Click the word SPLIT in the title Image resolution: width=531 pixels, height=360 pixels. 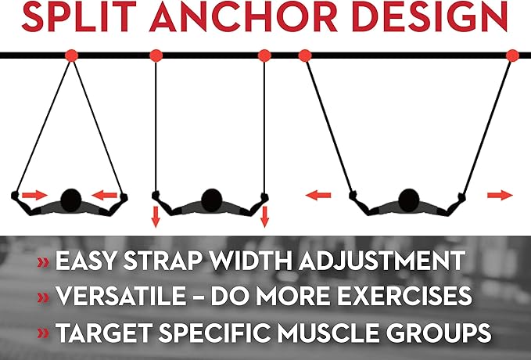[79, 16]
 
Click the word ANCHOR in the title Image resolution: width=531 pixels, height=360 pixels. [243, 16]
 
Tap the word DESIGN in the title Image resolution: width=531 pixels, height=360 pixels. [430, 16]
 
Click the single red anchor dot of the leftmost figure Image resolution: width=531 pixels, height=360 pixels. [71, 56]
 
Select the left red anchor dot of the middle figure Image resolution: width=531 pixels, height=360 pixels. [156, 56]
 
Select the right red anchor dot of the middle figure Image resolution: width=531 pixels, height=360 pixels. [264, 56]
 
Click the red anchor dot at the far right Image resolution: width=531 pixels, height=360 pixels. [512, 56]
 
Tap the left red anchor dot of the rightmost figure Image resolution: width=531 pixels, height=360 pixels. [305, 56]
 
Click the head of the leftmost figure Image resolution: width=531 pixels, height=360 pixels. [71, 200]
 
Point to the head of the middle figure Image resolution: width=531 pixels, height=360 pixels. [212, 200]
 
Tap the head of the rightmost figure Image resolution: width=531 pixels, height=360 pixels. [409, 200]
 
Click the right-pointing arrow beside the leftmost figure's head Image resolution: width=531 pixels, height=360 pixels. [35, 195]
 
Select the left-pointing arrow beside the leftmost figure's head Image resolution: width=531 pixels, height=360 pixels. [105, 195]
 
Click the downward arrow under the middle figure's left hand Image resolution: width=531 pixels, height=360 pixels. [156, 216]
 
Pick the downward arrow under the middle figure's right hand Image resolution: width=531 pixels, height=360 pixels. [265, 216]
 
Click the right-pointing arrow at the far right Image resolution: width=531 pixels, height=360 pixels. [501, 195]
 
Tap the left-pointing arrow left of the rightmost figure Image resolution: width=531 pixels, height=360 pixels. [318, 195]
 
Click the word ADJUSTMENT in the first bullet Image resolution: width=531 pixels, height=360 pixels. [382, 261]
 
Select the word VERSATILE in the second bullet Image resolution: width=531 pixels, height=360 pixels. [121, 296]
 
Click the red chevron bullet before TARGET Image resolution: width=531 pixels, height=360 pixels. [43, 333]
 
